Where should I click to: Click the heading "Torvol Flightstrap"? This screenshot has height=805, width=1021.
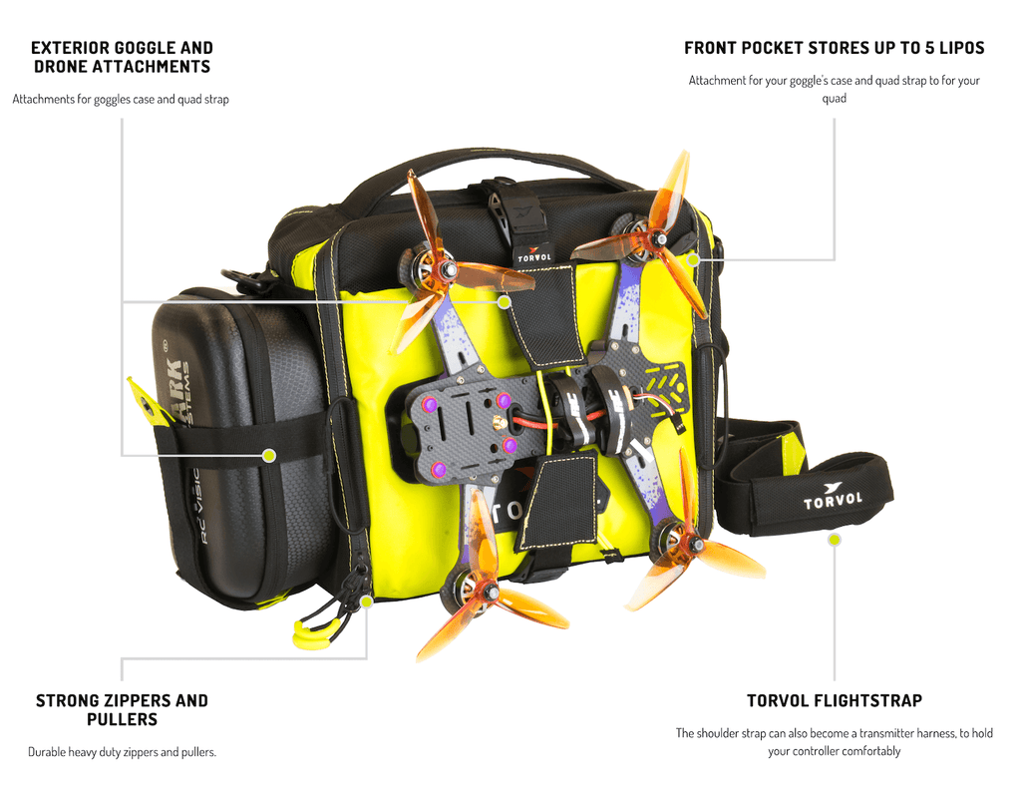835,701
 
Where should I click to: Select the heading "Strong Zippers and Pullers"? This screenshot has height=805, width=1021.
122,710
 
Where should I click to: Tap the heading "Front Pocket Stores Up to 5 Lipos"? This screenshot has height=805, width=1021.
835,48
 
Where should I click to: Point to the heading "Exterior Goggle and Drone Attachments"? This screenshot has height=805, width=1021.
122,57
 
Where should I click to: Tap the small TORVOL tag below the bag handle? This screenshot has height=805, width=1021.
534,255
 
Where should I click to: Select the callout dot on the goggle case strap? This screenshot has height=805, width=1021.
269,455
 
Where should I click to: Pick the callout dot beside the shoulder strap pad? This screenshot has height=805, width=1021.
835,540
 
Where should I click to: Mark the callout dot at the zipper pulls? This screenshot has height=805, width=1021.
367,602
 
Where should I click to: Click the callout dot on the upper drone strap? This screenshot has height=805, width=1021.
504,302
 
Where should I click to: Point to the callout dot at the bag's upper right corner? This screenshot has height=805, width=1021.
694,260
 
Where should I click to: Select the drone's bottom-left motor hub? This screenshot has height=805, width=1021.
490,592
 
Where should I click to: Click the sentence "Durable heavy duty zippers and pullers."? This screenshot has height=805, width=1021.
122,752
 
